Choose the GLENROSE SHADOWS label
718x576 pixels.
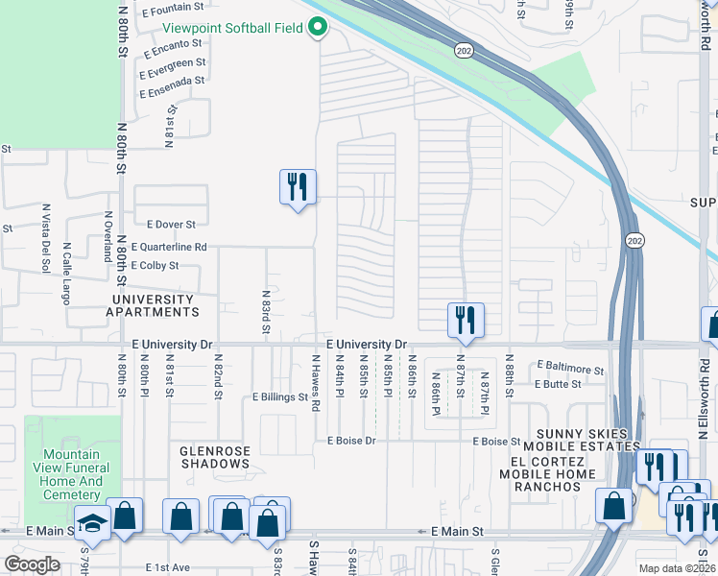(x=215, y=456)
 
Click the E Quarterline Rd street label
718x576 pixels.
(x=170, y=247)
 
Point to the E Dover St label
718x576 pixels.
(x=164, y=224)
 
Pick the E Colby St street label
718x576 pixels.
(x=154, y=265)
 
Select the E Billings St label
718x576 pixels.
(x=279, y=396)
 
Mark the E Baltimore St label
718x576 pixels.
(x=570, y=367)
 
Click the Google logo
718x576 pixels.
(x=32, y=564)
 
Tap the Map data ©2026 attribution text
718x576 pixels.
(x=677, y=568)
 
